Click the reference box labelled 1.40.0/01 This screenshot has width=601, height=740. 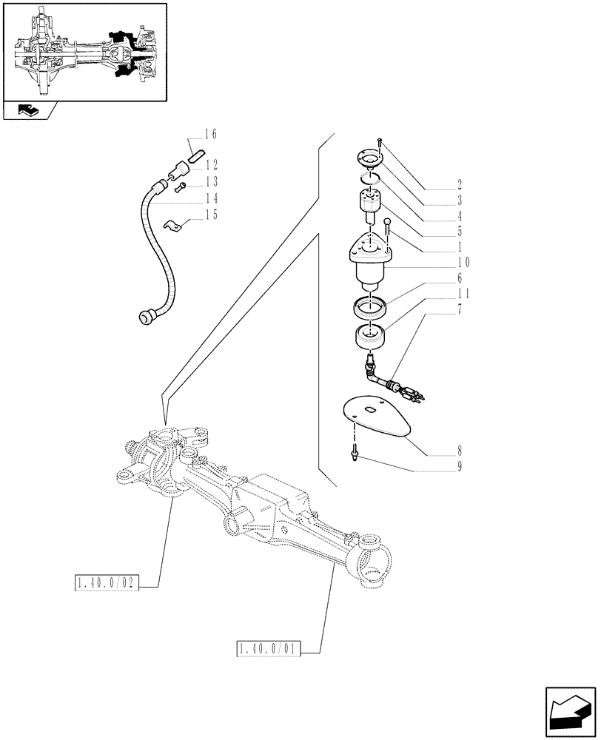tap(269, 650)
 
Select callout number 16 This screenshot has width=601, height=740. tap(211, 135)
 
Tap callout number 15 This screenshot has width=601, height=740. tap(211, 215)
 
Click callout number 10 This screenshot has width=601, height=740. tap(463, 263)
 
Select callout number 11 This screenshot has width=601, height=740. tap(463, 294)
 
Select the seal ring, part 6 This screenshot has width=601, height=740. tap(372, 305)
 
